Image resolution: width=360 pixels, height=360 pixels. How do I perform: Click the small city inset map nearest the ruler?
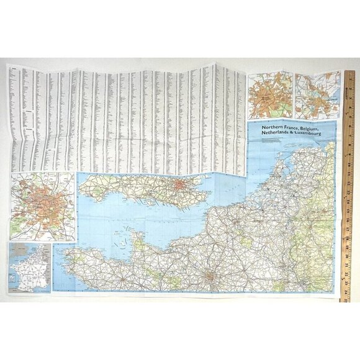tap(318, 95)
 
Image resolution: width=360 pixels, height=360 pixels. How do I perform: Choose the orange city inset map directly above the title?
tap(270, 95)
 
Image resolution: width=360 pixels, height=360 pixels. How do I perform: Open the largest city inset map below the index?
tap(42, 206)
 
